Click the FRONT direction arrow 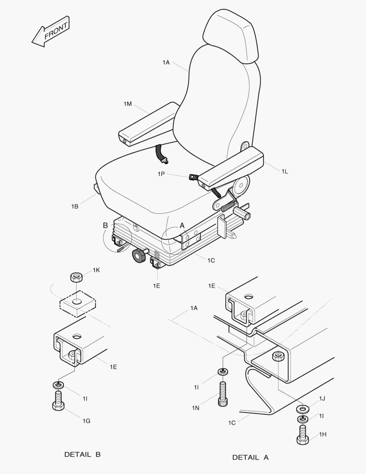50,32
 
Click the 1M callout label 128,104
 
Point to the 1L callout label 284,172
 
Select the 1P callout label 161,174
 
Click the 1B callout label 75,206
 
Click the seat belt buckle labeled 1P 192,177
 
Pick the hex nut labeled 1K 77,277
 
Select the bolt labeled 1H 302,435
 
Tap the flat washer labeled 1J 303,409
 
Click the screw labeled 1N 223,394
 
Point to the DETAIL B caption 82,454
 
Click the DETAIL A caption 250,457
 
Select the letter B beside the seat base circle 105,226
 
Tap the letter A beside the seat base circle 182,226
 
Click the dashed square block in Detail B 78,304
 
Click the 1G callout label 87,421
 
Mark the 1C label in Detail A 232,423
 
